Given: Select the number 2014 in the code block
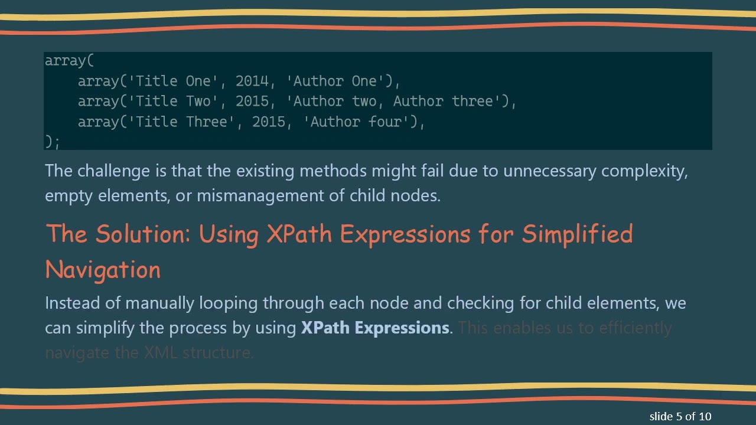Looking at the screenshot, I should click(x=252, y=81).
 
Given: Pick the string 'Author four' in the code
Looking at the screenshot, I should click(x=360, y=122).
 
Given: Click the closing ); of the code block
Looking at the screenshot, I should click(x=52, y=142).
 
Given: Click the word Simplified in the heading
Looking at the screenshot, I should click(x=577, y=234).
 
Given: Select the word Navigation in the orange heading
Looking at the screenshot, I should click(x=103, y=270).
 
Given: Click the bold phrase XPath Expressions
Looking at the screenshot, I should click(x=375, y=328).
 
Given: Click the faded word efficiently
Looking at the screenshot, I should click(x=636, y=328).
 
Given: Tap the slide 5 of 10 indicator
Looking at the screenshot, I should click(x=680, y=416).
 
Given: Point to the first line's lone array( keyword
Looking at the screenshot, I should click(x=69, y=60).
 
